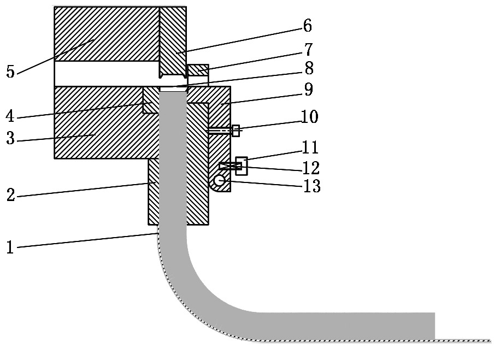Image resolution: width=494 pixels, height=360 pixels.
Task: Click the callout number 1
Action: point(10,247)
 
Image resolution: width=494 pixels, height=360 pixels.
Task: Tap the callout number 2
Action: point(11,194)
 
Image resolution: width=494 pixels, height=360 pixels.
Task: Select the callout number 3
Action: point(10,138)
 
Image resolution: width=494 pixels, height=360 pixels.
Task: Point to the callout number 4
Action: point(10,116)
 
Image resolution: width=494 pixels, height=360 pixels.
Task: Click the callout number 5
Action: point(10,72)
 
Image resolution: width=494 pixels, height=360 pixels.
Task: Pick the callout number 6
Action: point(308,26)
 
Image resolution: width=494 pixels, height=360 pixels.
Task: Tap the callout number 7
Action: point(308,49)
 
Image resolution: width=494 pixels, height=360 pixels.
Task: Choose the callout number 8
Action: point(309,68)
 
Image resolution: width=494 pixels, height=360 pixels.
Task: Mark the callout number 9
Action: point(308,90)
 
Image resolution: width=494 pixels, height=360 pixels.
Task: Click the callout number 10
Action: point(310,116)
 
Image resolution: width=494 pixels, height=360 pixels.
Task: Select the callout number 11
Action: point(310,147)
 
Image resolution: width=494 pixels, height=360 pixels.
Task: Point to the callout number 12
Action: point(311,168)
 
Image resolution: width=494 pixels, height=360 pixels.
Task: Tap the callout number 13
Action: point(311,186)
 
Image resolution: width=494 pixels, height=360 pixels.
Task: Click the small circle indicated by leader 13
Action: point(219,181)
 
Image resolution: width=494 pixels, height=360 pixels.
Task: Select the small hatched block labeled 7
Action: point(198,70)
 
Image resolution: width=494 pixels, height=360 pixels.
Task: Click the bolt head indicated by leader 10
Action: point(236,131)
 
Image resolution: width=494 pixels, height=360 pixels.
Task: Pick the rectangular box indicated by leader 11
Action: point(242,166)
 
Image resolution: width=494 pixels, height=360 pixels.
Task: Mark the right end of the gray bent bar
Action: point(435,326)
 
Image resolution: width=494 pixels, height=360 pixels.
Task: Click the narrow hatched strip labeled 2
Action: point(154,192)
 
